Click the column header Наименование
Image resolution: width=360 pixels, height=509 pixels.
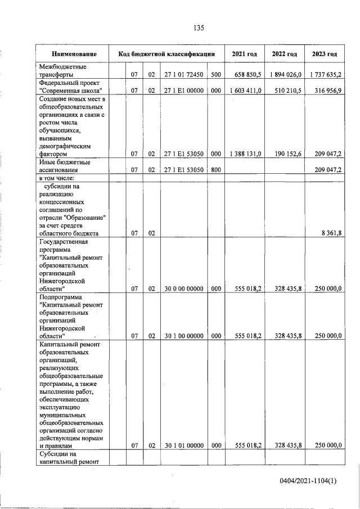(x=74, y=55)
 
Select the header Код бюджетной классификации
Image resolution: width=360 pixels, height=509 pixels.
(x=167, y=55)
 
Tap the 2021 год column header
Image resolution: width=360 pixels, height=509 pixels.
(x=245, y=55)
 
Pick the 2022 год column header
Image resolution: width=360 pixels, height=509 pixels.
(x=284, y=55)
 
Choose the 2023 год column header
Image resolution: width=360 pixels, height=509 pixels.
(x=325, y=55)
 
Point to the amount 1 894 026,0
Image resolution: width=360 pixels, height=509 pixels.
(x=286, y=75)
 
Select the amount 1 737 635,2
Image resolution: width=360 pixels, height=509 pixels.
(x=326, y=75)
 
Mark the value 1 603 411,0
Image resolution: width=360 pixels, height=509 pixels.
(x=246, y=91)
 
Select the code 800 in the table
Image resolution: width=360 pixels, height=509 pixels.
(x=216, y=169)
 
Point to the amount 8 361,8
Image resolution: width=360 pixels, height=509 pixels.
(x=330, y=233)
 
